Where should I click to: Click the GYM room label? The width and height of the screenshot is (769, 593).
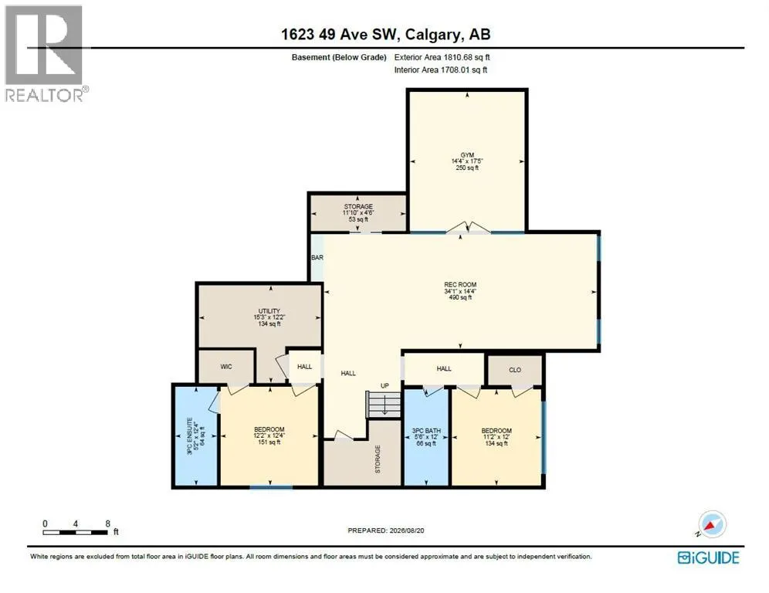467,155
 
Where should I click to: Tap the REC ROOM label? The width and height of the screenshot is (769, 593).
460,284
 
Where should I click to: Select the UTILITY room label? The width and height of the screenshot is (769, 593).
269,311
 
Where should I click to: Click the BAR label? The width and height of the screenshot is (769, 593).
317,257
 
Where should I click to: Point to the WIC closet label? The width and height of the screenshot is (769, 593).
226,367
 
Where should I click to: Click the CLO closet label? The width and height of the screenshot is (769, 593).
515,370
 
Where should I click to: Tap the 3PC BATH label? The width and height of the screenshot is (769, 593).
426,431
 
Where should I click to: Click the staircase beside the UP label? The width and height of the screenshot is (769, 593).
384,405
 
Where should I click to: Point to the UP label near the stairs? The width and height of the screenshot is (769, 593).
385,385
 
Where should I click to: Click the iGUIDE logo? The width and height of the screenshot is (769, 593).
708,557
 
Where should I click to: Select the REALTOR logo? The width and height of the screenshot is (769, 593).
45,53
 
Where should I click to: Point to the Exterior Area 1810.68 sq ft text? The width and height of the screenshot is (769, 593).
442,57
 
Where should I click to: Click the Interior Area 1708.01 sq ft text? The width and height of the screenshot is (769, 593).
440,70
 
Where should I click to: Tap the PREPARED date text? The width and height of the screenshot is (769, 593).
386,530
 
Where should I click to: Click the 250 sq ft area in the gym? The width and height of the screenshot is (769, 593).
467,168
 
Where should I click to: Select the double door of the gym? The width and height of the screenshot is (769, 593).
468,228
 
